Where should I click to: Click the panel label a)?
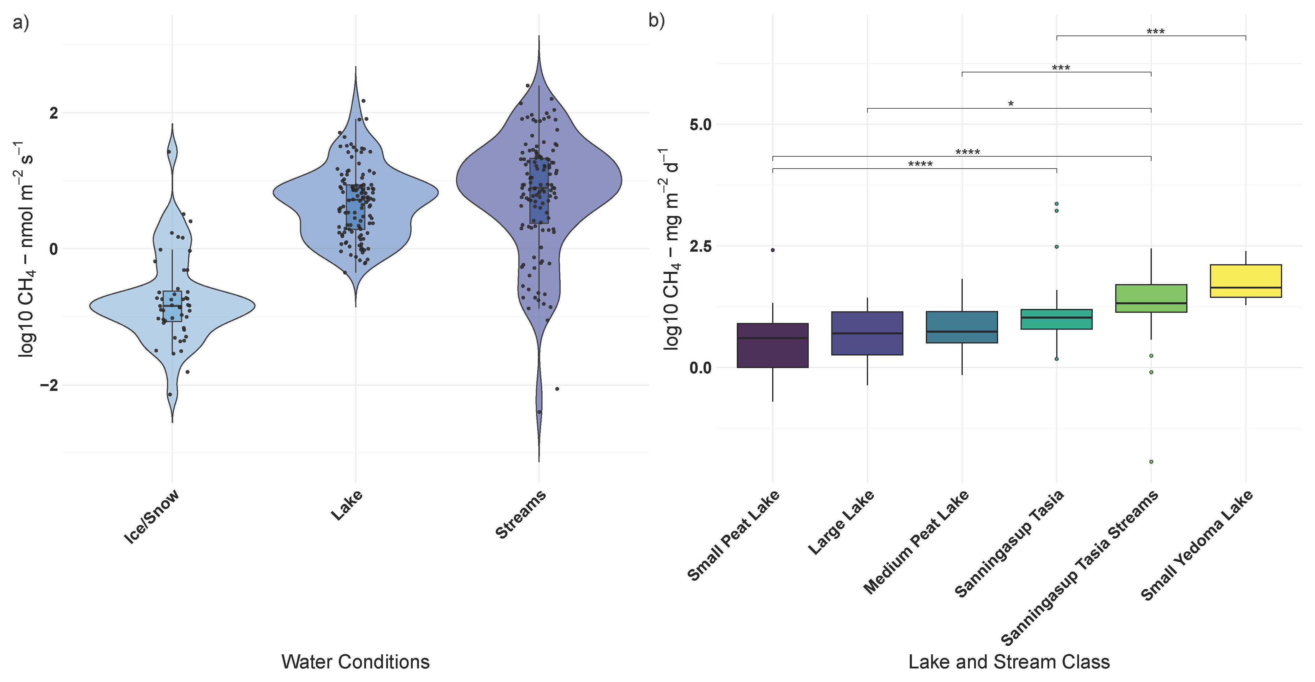[x=20, y=23]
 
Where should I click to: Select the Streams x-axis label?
[x=521, y=514]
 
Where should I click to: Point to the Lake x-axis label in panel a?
[x=347, y=505]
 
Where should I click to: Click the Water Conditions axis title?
[x=355, y=662]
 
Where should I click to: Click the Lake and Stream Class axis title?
[x=1009, y=662]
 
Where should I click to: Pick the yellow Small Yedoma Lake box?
[x=1246, y=281]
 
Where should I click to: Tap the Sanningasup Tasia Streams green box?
[x=1151, y=298]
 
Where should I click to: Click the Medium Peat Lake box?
[x=962, y=327]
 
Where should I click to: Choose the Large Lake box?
[x=867, y=333]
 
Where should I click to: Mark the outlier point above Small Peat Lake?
[x=773, y=250]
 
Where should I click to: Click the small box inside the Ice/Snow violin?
[x=172, y=306]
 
